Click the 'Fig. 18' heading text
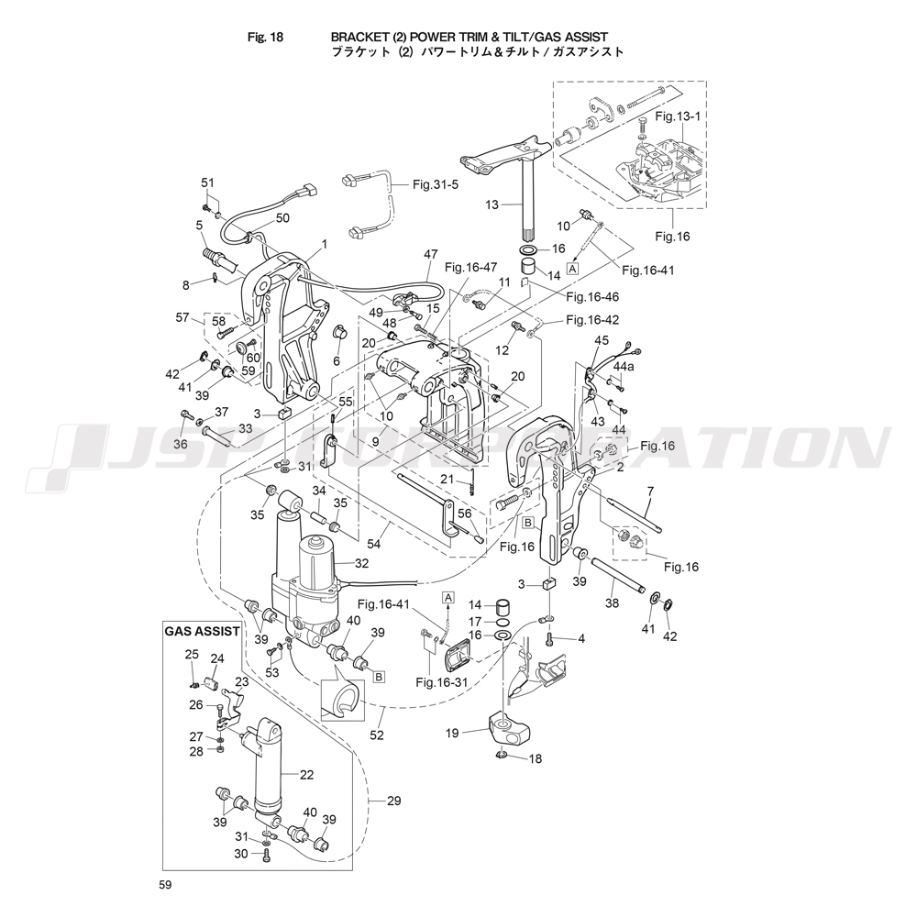tap(265, 38)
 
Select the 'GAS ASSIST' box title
tap(202, 631)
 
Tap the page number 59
tap(164, 885)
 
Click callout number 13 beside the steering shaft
tap(492, 204)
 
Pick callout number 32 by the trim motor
tap(360, 564)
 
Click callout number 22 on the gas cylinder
tap(306, 775)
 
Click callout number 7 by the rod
tap(648, 492)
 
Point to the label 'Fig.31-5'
tap(435, 184)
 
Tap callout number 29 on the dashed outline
tap(393, 801)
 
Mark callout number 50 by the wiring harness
tap(282, 217)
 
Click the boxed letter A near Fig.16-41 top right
tap(573, 268)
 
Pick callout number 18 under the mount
tap(535, 759)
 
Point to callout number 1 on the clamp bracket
tap(324, 244)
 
